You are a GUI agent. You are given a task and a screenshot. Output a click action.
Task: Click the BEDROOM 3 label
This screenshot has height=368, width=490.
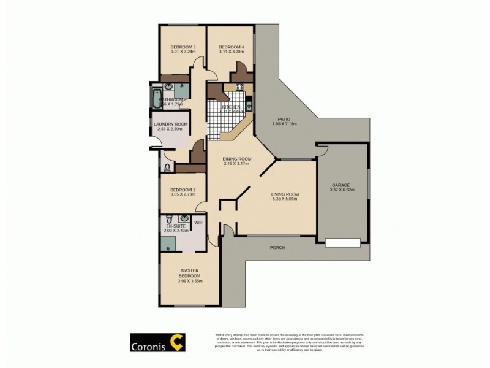[183, 47]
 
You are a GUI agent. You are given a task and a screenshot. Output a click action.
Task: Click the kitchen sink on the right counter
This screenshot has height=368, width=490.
[249, 105]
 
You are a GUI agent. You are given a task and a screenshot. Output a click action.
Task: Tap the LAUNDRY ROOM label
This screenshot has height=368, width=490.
[171, 125]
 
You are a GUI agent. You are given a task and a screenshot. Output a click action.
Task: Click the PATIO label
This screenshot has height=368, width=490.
[284, 119]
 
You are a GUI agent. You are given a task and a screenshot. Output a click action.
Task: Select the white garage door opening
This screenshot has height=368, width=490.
[343, 243]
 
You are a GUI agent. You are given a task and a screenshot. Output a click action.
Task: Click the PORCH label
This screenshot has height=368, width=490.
[277, 248]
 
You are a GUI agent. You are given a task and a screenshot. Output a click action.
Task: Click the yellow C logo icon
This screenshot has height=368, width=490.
[178, 341]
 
